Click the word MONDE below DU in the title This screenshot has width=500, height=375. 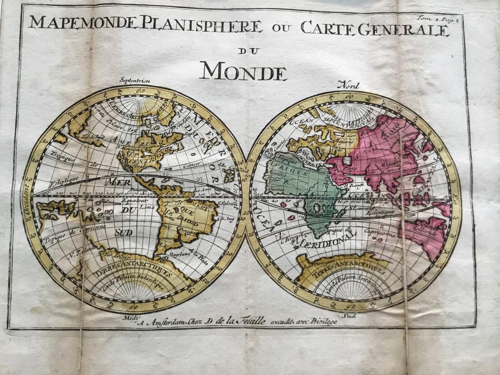click(243, 71)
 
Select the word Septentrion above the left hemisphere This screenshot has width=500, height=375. click(135, 81)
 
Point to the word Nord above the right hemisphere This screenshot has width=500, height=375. click(348, 85)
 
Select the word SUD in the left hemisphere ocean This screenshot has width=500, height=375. click(123, 232)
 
